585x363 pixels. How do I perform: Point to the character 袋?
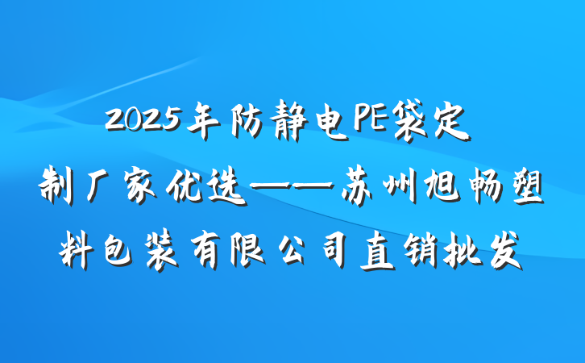(417, 123)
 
